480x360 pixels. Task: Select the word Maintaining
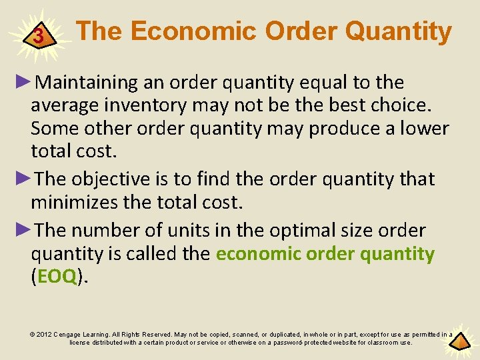[87, 83]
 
